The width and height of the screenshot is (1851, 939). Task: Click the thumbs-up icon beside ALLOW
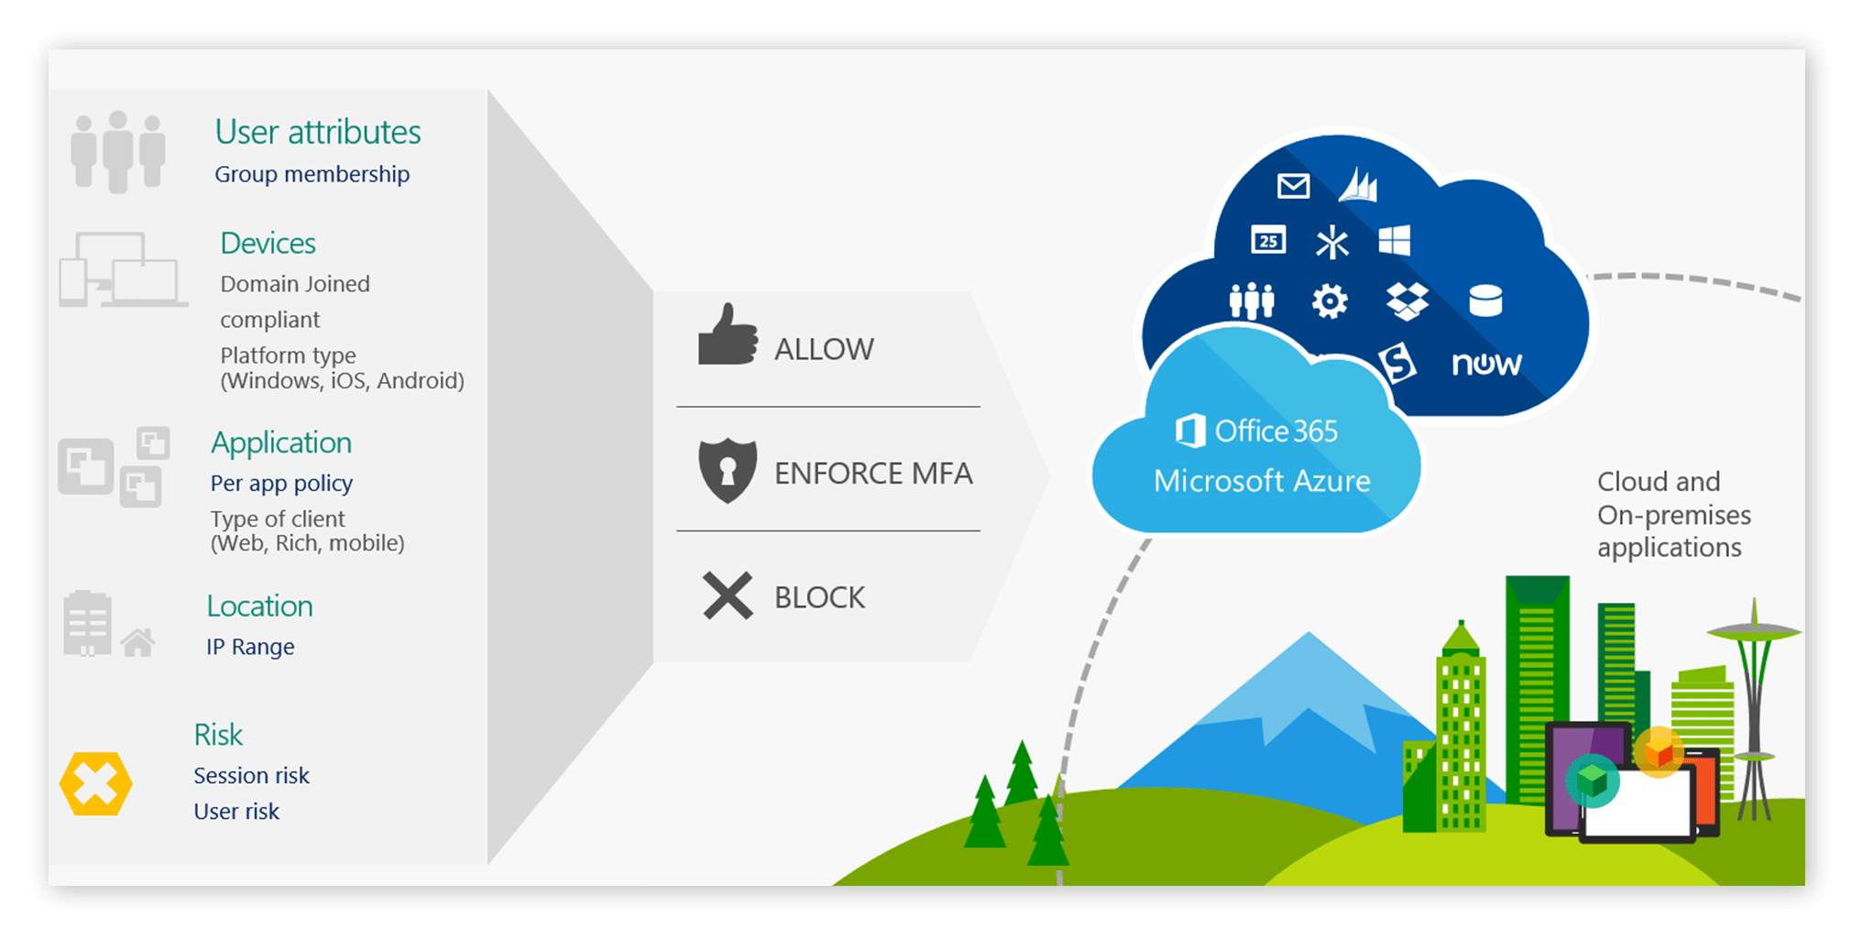click(x=728, y=336)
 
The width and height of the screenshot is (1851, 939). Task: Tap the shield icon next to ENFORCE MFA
click(x=728, y=470)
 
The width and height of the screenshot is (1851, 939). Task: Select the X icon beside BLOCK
click(x=728, y=596)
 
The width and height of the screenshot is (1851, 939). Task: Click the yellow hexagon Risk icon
click(x=96, y=784)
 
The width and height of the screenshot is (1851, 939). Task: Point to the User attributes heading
click(x=318, y=133)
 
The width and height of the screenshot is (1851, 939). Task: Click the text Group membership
click(x=312, y=174)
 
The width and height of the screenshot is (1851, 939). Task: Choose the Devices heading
click(x=268, y=244)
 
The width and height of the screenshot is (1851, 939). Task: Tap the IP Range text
click(x=250, y=647)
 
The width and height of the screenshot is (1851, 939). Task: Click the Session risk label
click(x=251, y=776)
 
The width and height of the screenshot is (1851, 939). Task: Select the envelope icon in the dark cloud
click(x=1293, y=187)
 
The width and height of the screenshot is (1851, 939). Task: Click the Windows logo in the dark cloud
click(x=1394, y=242)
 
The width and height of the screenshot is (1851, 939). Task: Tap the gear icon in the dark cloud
click(x=1330, y=301)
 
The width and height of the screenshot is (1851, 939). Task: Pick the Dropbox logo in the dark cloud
click(x=1407, y=301)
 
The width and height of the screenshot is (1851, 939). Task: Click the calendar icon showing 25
click(x=1268, y=241)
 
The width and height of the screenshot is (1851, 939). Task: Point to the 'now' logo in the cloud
click(x=1486, y=364)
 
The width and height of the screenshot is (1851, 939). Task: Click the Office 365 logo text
click(x=1257, y=431)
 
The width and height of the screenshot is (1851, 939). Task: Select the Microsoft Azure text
click(x=1262, y=481)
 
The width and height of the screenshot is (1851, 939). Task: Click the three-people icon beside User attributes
click(x=118, y=151)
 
